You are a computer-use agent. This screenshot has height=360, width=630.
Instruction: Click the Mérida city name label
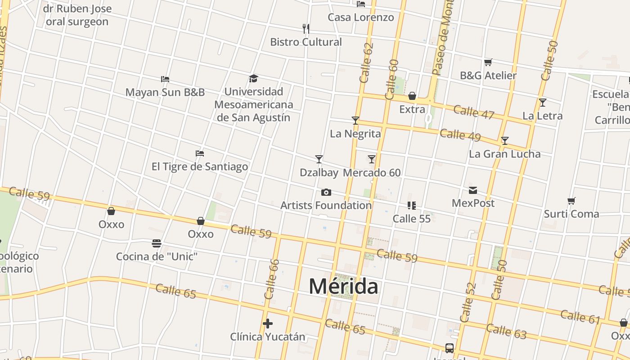click(x=344, y=286)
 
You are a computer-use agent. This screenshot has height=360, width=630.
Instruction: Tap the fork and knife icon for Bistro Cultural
click(x=306, y=29)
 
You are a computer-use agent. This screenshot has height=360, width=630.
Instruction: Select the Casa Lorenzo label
click(x=360, y=18)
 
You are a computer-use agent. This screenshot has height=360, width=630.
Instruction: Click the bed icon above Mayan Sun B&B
click(x=165, y=79)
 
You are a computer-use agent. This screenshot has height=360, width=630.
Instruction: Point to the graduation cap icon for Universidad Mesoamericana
click(x=254, y=79)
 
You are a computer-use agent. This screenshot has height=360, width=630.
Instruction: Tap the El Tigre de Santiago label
click(x=200, y=166)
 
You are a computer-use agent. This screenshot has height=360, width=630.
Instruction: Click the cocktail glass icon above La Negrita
click(x=355, y=120)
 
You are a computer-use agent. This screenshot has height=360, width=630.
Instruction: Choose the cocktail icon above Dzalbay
click(x=319, y=159)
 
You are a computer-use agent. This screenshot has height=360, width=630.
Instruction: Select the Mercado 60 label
click(x=372, y=173)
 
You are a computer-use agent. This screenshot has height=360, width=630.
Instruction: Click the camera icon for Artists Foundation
click(x=326, y=193)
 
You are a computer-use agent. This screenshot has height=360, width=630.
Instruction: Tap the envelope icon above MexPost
click(x=473, y=190)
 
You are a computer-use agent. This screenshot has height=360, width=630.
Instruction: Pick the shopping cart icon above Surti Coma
click(x=571, y=201)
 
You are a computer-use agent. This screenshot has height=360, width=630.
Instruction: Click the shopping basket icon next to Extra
click(x=412, y=96)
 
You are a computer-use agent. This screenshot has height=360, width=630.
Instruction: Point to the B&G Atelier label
click(x=488, y=75)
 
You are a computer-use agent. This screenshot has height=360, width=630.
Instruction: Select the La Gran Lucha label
click(x=504, y=154)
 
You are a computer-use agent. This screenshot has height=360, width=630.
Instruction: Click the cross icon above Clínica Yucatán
click(x=268, y=324)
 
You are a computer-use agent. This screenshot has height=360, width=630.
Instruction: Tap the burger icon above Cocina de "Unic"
click(x=157, y=243)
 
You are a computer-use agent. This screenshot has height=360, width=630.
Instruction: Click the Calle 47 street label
click(x=474, y=112)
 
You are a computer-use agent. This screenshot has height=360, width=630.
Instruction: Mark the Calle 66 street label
click(x=272, y=279)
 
